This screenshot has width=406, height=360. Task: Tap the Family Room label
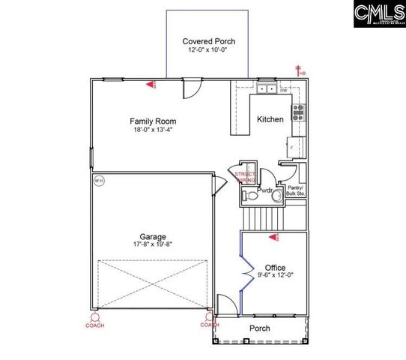tap(153, 121)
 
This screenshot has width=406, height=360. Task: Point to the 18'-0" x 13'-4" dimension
tap(153, 130)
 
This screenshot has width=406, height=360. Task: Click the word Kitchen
tap(270, 120)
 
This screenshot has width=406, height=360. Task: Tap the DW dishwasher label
tap(284, 91)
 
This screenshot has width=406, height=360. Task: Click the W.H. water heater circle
tap(99, 181)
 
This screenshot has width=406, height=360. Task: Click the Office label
tap(275, 268)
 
